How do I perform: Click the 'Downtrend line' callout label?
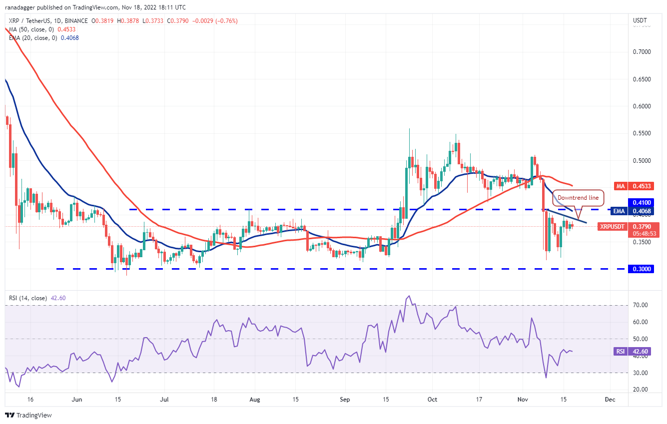tap(578, 198)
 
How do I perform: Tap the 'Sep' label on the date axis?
tap(344, 400)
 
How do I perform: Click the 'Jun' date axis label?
tap(77, 400)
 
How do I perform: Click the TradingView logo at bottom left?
tap(28, 415)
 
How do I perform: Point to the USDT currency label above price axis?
tap(640, 21)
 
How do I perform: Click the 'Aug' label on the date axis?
tap(254, 400)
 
